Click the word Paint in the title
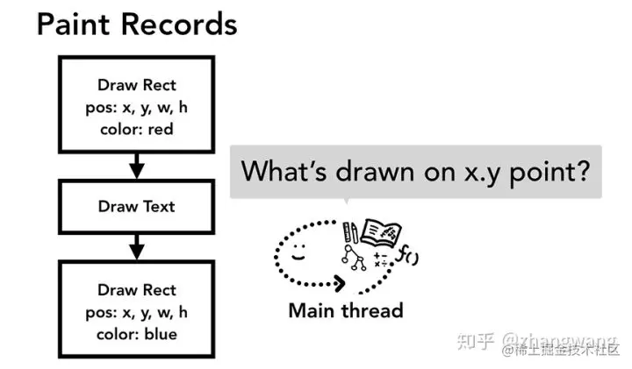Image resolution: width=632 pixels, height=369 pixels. click(x=73, y=25)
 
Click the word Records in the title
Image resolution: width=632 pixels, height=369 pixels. click(x=179, y=25)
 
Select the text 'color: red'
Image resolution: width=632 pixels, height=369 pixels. click(x=137, y=129)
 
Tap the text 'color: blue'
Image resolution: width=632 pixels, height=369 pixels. click(x=137, y=334)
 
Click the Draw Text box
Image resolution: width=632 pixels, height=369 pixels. click(x=137, y=207)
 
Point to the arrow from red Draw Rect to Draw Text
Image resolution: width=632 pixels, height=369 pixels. click(x=137, y=166)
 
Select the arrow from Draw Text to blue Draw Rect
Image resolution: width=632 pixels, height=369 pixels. click(x=137, y=247)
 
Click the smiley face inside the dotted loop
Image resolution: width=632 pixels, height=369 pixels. click(x=298, y=252)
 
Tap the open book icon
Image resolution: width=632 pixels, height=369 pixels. click(x=381, y=232)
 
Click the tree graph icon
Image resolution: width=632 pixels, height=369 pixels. click(x=354, y=258)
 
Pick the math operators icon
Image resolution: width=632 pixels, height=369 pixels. click(x=380, y=260)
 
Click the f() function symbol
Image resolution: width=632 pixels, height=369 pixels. click(x=407, y=255)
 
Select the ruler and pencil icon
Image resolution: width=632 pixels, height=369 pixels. click(x=350, y=232)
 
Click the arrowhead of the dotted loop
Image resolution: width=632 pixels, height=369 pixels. click(x=340, y=283)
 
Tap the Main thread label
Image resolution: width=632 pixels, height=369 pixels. click(x=346, y=310)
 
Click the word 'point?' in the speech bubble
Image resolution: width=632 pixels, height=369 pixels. click(x=549, y=172)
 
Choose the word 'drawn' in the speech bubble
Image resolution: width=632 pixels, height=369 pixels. click(x=375, y=172)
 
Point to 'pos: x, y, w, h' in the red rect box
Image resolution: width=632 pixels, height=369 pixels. click(x=137, y=108)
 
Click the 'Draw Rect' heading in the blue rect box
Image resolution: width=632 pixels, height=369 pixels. click(x=137, y=290)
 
